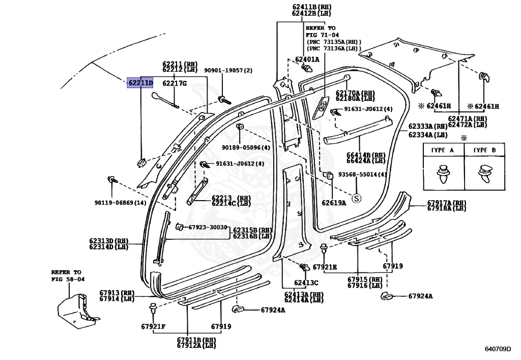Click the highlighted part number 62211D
tap(140, 82)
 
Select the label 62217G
tap(175, 83)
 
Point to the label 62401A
tap(307, 60)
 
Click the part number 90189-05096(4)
tap(246, 148)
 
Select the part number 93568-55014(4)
tap(363, 175)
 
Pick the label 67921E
tap(325, 267)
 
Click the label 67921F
tap(153, 326)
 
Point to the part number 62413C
tap(305, 283)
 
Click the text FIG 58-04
tap(68, 280)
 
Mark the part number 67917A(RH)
tap(446, 203)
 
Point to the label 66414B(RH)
tap(365, 155)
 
